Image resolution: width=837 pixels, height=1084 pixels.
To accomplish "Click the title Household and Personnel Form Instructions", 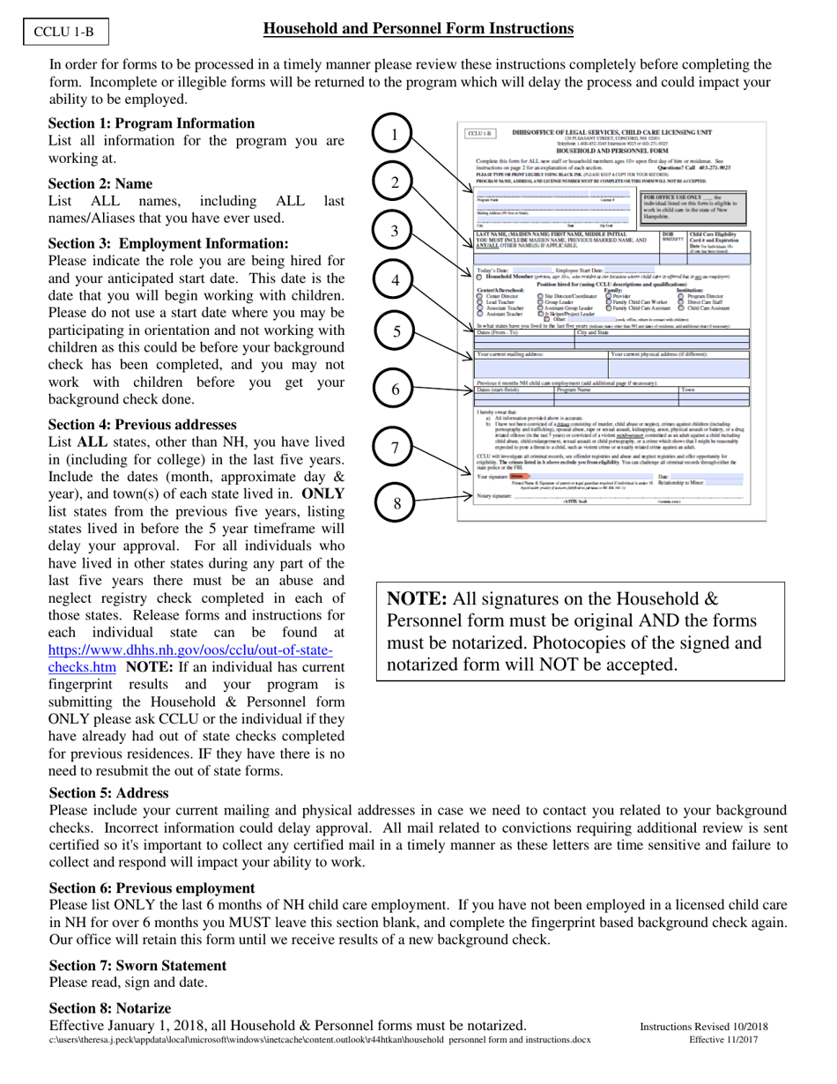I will (x=418, y=30).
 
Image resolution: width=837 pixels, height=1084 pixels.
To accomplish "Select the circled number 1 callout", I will (x=396, y=135).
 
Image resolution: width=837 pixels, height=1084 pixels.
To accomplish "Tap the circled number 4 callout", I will (x=396, y=280).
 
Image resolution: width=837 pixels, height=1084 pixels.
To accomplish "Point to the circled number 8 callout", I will (x=396, y=503).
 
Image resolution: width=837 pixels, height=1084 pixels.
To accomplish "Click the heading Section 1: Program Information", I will (x=151, y=123).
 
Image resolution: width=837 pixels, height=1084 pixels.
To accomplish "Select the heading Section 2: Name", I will (x=100, y=184).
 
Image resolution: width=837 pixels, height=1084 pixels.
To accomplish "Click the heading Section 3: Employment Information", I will (x=167, y=243).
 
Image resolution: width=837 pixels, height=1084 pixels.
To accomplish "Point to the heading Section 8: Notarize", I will (x=109, y=1008).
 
